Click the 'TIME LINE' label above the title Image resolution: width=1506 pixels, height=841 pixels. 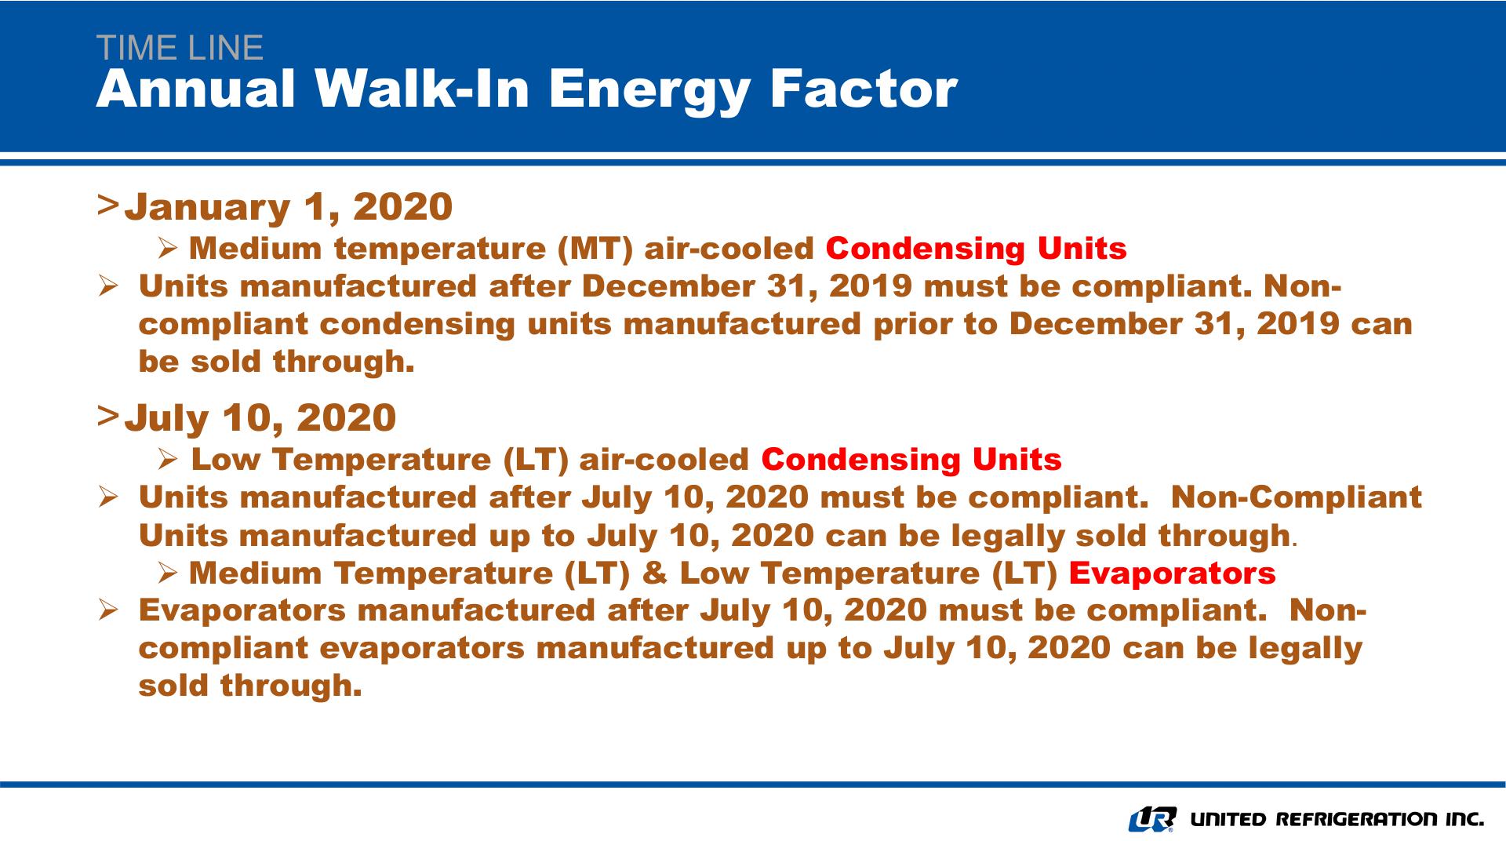pyautogui.click(x=180, y=48)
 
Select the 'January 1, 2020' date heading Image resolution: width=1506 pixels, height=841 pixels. pyautogui.click(x=289, y=206)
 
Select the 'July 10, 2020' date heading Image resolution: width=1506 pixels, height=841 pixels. pyautogui.click(x=260, y=417)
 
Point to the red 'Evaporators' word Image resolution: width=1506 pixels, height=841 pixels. pyautogui.click(x=1173, y=573)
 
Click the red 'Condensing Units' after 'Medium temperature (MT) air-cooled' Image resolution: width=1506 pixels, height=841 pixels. pyautogui.click(x=977, y=249)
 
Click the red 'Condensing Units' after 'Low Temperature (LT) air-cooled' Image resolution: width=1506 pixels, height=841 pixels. pyautogui.click(x=911, y=460)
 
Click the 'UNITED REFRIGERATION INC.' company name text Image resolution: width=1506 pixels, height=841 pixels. pyautogui.click(x=1337, y=820)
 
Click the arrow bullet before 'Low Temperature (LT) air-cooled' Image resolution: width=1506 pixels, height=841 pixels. pyautogui.click(x=169, y=460)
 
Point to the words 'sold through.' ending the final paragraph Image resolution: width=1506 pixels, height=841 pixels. pyautogui.click(x=250, y=686)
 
